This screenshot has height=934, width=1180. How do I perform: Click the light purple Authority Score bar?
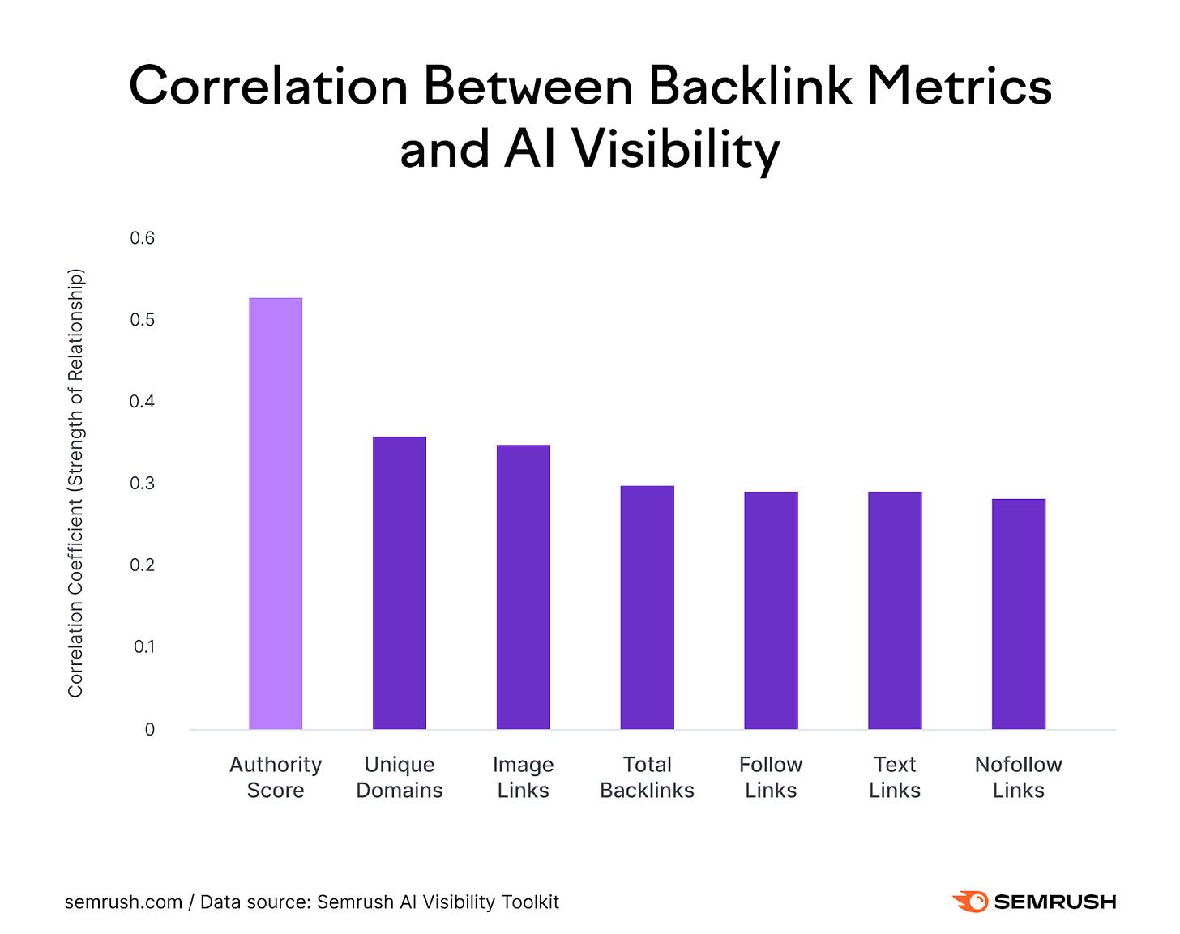coord(276,514)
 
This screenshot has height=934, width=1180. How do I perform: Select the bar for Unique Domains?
coord(400,583)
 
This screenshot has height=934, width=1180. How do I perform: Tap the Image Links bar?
coord(524,587)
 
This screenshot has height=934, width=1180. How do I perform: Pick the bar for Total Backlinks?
coord(647,608)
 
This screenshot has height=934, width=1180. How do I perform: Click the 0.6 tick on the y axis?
coord(142,238)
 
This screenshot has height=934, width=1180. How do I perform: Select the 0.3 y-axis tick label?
coord(142,484)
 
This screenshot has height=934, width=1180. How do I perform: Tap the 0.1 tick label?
coord(143,647)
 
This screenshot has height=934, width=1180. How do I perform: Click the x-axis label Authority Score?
coord(276,777)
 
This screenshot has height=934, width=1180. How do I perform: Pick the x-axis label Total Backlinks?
coord(647,777)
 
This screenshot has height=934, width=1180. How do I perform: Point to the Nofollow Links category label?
coord(1019,777)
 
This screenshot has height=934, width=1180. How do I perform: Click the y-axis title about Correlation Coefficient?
coord(75,484)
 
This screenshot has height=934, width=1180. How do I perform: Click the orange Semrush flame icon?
coord(970,902)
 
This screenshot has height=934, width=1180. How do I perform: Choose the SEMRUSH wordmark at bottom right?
coord(1054,902)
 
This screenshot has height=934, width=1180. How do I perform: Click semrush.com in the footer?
coord(123,902)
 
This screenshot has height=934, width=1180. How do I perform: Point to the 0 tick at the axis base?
coord(149,730)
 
